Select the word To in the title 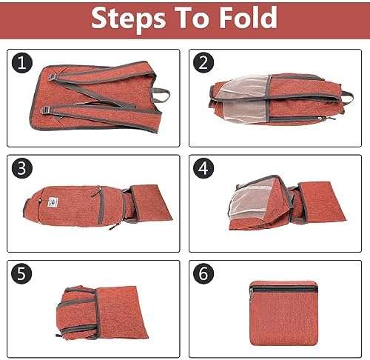coord(192,17)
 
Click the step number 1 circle coord(22,63)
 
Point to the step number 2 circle coord(203,63)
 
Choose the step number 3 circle coord(22,168)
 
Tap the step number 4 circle coord(203,168)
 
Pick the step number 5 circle coord(21,273)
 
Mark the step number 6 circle coord(203,273)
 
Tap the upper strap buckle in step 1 coord(52,77)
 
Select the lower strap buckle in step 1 coord(46,110)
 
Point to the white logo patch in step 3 coord(53,202)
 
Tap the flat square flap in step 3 coord(150,202)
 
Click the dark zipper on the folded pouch coord(284,289)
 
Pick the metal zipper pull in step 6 coord(251,296)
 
